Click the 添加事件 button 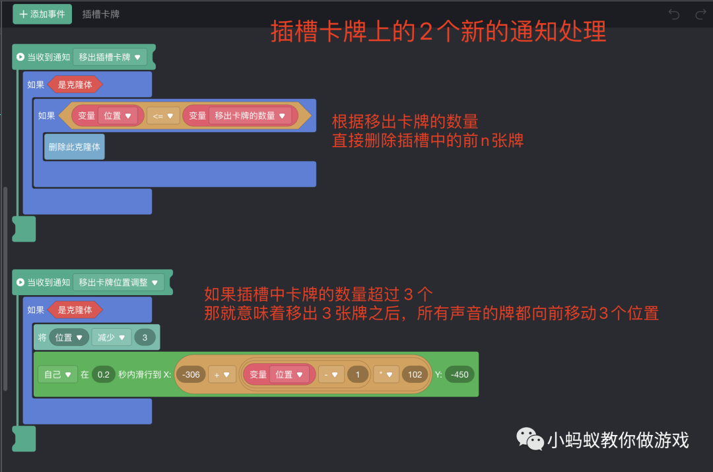point(42,14)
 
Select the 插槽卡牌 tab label point(101,14)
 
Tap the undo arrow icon point(674,14)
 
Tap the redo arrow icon point(700,14)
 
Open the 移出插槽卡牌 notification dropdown point(110,57)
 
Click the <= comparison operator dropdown point(162,116)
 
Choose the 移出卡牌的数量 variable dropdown point(250,116)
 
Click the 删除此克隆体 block point(75,147)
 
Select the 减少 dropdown point(112,337)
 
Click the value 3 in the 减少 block point(145,337)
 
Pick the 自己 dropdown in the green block point(57,374)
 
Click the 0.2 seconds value point(103,374)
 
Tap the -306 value point(191,374)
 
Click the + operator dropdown point(222,374)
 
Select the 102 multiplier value point(415,374)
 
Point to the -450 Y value point(459,374)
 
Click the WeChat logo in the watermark point(530,438)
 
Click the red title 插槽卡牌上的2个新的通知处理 point(438,32)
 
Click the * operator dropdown point(386,374)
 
